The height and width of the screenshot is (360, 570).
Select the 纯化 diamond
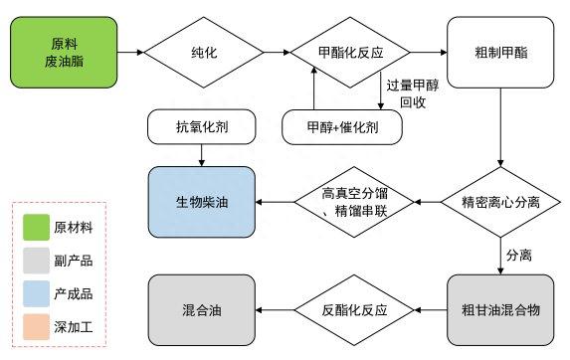[x=203, y=49]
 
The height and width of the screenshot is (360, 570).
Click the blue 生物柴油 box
[x=203, y=202]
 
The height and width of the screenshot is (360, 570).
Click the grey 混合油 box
[x=203, y=308]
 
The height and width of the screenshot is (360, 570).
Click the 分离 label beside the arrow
[x=519, y=255]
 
